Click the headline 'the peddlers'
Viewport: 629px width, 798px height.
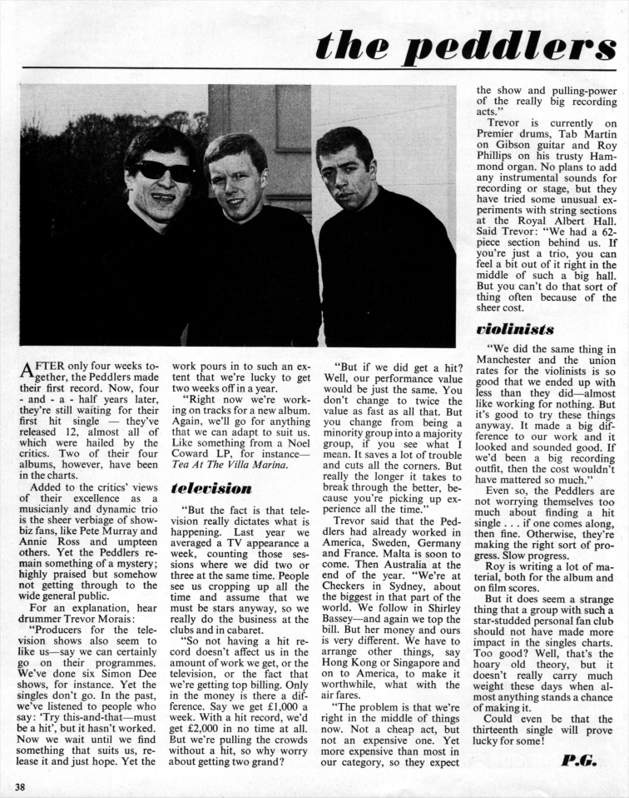[x=465, y=46]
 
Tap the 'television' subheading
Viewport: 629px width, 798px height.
[x=211, y=487]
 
